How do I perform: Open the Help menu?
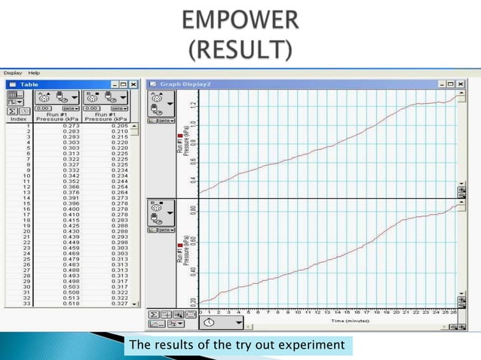33,72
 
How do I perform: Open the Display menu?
12,72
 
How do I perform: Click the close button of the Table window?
133,84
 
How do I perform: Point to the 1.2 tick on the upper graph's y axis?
192,105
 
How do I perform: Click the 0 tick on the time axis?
201,310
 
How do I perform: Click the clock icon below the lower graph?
208,322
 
